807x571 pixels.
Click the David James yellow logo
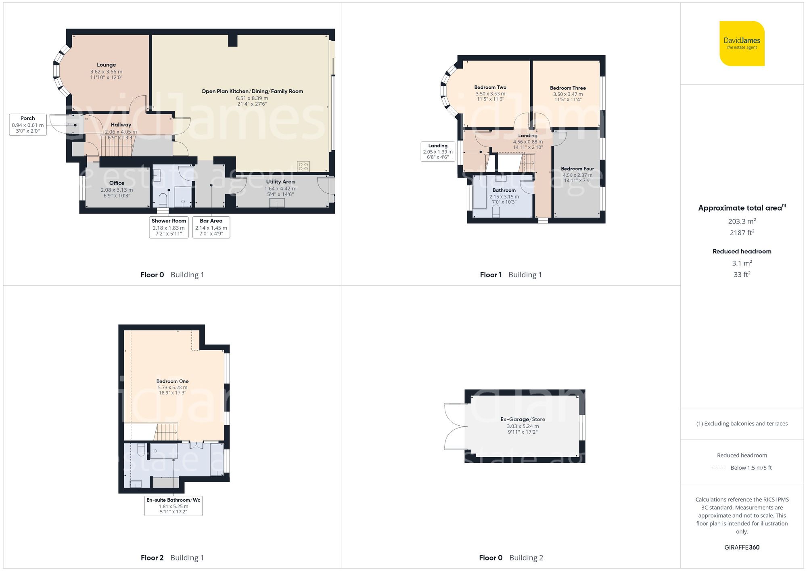click(742, 44)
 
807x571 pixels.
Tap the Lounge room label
click(106, 65)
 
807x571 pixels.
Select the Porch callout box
click(28, 125)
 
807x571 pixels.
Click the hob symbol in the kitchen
click(303, 166)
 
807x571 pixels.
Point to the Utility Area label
click(280, 182)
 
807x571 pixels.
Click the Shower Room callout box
click(169, 227)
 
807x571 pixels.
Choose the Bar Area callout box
click(211, 227)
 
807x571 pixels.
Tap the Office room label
click(117, 183)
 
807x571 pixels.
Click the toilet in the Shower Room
click(163, 200)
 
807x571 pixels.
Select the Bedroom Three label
click(568, 88)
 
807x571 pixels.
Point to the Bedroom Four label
click(577, 169)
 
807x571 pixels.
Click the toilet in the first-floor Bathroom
click(496, 211)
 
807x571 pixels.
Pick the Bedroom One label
click(172, 381)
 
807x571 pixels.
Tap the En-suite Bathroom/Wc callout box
click(174, 506)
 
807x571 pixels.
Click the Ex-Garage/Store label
click(523, 419)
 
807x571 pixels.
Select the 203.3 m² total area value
click(742, 221)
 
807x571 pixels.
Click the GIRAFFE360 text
click(742, 548)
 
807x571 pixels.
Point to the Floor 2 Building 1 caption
click(172, 558)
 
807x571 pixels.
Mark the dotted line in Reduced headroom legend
click(719, 468)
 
